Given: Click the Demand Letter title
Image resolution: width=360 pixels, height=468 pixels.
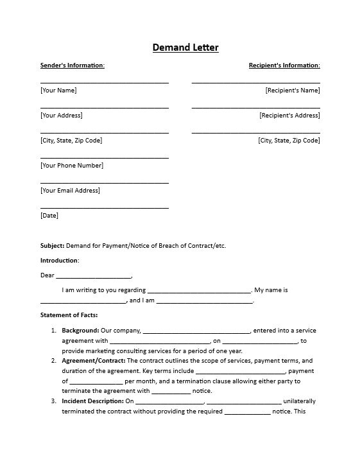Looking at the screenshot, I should pyautogui.click(x=185, y=48).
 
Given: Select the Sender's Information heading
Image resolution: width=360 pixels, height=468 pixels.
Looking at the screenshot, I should pyautogui.click(x=73, y=65).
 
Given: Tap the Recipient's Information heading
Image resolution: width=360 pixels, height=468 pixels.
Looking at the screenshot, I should pyautogui.click(x=284, y=65).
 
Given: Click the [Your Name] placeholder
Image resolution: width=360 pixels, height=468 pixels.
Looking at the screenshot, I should pyautogui.click(x=58, y=91).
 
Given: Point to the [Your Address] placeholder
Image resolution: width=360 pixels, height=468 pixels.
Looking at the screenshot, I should pyautogui.click(x=62, y=116).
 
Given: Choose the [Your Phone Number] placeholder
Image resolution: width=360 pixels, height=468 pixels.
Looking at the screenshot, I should pyautogui.click(x=72, y=166).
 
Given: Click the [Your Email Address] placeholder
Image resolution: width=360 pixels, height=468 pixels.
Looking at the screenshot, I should pyautogui.click(x=71, y=191).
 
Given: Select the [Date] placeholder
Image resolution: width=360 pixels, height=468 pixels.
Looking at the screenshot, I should pyautogui.click(x=49, y=216).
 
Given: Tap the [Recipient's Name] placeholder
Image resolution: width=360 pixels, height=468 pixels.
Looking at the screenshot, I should pyautogui.click(x=293, y=91).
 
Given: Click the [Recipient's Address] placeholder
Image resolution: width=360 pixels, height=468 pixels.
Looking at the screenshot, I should pyautogui.click(x=289, y=116).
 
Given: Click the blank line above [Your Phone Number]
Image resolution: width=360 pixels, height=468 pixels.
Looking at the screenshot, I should pyautogui.click(x=105, y=157).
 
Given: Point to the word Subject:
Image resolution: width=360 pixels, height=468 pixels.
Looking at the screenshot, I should pyautogui.click(x=53, y=246).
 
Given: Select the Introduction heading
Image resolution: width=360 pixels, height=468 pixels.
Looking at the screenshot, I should pyautogui.click(x=60, y=261).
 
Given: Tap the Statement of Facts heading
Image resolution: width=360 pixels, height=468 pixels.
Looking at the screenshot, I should pyautogui.click(x=69, y=315).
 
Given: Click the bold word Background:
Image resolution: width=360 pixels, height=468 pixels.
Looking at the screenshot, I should pyautogui.click(x=80, y=331).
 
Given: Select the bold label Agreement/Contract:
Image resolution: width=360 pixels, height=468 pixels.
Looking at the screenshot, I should pyautogui.click(x=94, y=361).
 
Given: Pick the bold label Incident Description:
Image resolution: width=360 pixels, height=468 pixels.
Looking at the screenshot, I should pyautogui.click(x=92, y=401).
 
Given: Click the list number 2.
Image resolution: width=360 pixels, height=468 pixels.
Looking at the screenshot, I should pyautogui.click(x=54, y=361).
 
